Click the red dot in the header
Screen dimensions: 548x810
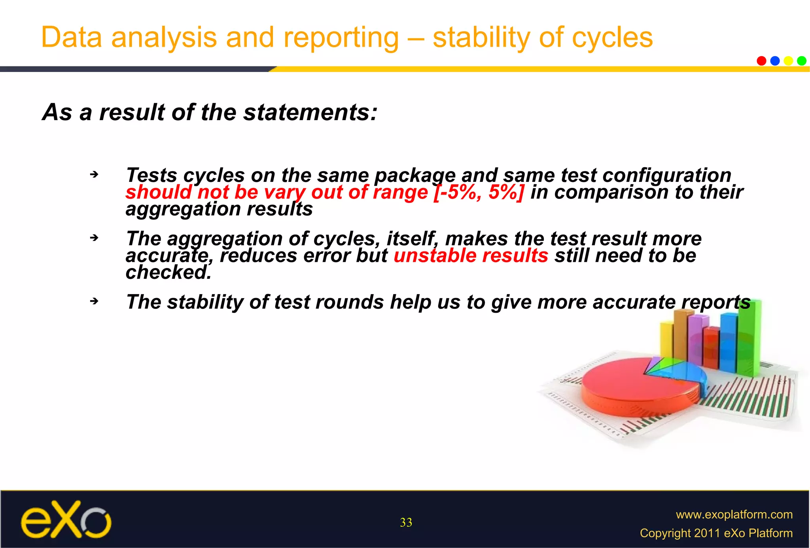pyautogui.click(x=761, y=61)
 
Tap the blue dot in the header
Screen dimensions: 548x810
pyautogui.click(x=775, y=61)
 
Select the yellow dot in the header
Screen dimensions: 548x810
pyautogui.click(x=788, y=61)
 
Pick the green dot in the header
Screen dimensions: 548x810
pyautogui.click(x=802, y=61)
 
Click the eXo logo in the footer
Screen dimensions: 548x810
pyautogui.click(x=66, y=520)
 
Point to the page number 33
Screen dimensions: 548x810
pyautogui.click(x=406, y=522)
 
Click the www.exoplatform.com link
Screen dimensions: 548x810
pyautogui.click(x=734, y=514)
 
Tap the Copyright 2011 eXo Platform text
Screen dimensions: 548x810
pyautogui.click(x=716, y=533)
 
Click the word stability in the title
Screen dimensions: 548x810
pyautogui.click(x=481, y=38)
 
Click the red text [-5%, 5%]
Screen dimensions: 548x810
pyautogui.click(x=479, y=192)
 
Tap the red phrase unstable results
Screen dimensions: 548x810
pyautogui.click(x=471, y=255)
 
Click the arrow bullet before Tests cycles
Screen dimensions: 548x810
pyautogui.click(x=94, y=174)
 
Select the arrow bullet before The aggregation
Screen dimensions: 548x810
pyautogui.click(x=94, y=238)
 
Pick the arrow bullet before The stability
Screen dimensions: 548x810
pyautogui.click(x=94, y=301)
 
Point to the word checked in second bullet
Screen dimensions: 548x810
pyautogui.click(x=168, y=272)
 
